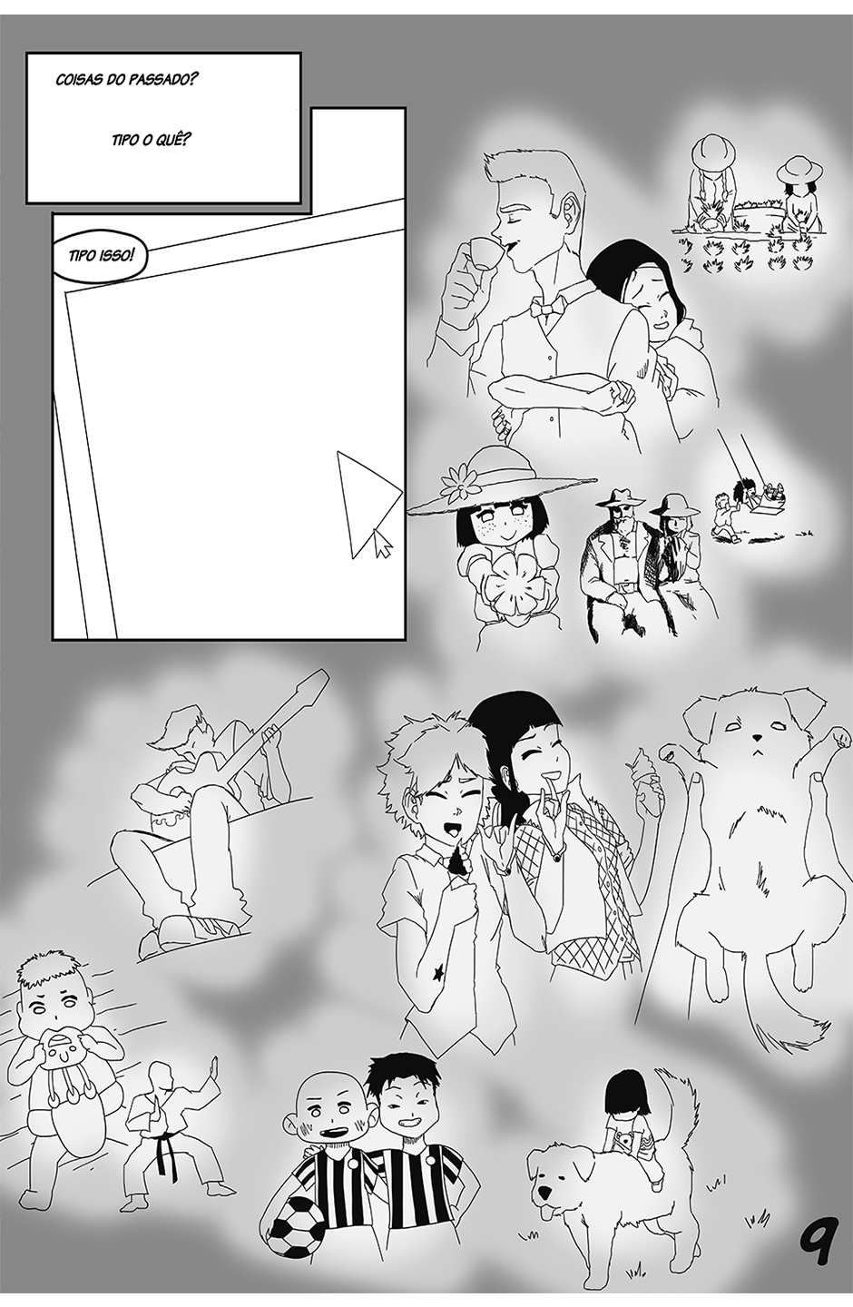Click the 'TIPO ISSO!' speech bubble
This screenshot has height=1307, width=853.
click(x=99, y=257)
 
